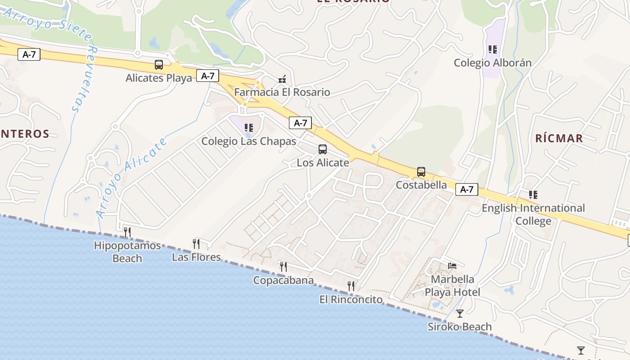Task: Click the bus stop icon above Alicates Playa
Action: [x=159, y=65]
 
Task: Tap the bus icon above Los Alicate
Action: [x=323, y=149]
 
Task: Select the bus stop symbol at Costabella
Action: [x=421, y=172]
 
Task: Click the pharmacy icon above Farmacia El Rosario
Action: [x=282, y=79]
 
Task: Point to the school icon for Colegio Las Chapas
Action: [x=249, y=128]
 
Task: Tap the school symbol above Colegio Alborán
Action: [x=493, y=49]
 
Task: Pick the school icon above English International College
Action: [x=533, y=195]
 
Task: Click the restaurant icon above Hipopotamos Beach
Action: [x=127, y=232]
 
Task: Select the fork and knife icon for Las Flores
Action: [x=196, y=244]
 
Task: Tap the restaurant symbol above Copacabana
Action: [x=283, y=267]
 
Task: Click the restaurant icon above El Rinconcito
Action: [x=351, y=286]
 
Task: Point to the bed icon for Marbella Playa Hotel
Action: [x=452, y=266]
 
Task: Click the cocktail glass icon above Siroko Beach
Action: [x=459, y=314]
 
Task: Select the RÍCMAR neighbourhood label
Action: [x=559, y=138]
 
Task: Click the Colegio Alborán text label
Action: [x=492, y=63]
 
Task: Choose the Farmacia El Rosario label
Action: [x=282, y=93]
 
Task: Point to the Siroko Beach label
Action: [x=459, y=327]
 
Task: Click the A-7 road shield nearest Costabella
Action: [x=467, y=189]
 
